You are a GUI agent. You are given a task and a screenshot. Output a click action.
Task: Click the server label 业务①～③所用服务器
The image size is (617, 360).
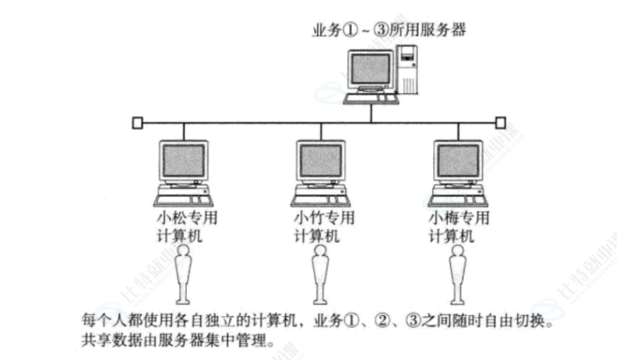(389, 31)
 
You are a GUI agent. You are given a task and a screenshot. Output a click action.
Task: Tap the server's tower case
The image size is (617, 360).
(408, 70)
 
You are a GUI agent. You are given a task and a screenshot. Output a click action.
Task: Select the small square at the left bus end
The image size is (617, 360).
(137, 122)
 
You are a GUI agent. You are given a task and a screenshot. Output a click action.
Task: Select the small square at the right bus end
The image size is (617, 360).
(500, 122)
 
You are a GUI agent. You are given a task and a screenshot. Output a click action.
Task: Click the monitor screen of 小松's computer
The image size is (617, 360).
(184, 161)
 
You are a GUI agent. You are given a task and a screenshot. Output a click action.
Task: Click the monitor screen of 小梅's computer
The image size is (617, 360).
(457, 161)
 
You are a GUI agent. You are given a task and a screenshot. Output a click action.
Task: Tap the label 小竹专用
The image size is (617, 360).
(324, 218)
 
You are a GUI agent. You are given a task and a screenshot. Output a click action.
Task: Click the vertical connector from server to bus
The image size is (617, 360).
(371, 112)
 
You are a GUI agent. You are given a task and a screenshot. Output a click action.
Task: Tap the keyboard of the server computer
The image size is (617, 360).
(370, 98)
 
